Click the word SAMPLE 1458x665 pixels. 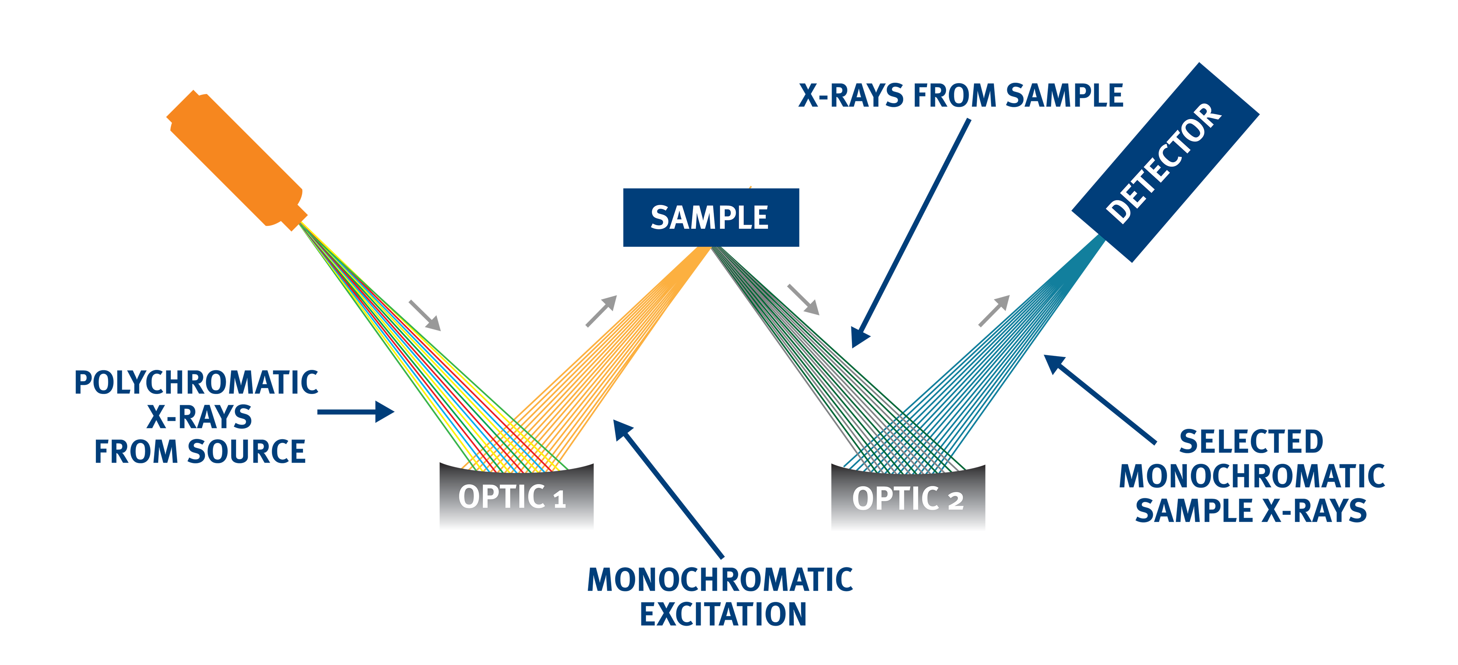[709, 218]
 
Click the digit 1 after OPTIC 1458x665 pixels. [559, 500]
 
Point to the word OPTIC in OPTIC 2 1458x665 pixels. [895, 499]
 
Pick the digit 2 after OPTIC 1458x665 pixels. [955, 502]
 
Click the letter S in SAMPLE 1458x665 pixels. [659, 218]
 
